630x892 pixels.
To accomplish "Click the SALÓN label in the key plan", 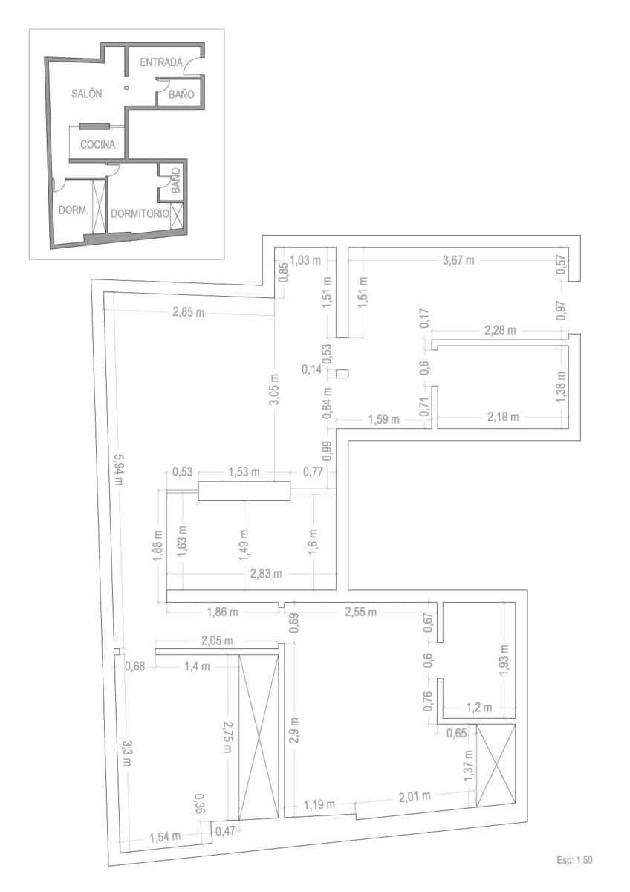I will click(x=87, y=94).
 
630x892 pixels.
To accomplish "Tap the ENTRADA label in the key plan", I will click(x=160, y=62).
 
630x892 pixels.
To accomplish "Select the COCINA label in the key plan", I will click(x=98, y=145).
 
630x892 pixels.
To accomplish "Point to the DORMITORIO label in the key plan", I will click(x=139, y=213).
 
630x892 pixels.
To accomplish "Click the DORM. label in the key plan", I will click(x=74, y=210).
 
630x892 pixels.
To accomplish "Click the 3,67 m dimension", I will click(x=458, y=260).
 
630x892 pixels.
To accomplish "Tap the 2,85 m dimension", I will click(x=187, y=312).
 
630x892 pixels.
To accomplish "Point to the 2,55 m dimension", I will click(x=360, y=612).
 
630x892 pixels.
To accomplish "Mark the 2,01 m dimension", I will click(x=415, y=797).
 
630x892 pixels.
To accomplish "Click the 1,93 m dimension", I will click(x=504, y=656).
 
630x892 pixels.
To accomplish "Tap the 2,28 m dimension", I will click(x=500, y=329).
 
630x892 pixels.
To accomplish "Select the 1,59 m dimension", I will click(x=383, y=420).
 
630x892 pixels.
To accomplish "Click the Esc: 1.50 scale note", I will click(x=574, y=860).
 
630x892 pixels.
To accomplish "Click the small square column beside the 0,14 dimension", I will click(x=342, y=373).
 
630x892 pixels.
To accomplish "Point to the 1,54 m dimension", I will click(x=165, y=836).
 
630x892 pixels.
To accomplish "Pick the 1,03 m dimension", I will click(x=305, y=260).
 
